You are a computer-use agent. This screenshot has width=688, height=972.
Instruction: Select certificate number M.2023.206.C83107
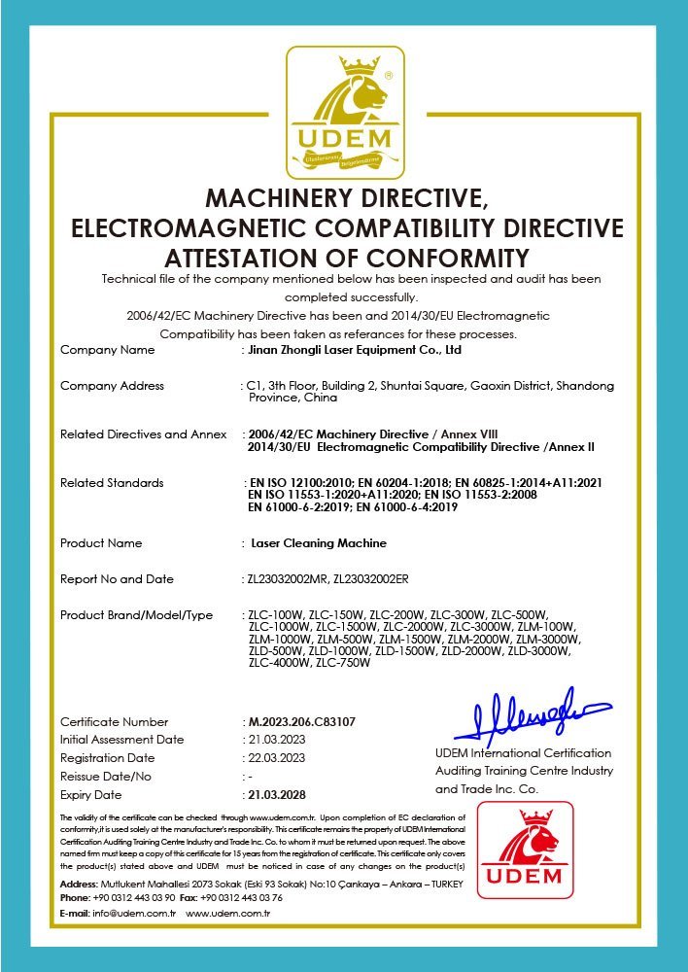pyautogui.click(x=301, y=722)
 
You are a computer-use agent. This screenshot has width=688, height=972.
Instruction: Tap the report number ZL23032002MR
pyautogui.click(x=288, y=579)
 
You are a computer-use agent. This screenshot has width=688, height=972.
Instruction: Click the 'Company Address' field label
pyautogui.click(x=112, y=386)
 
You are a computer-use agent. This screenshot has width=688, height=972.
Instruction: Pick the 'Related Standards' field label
pyautogui.click(x=112, y=483)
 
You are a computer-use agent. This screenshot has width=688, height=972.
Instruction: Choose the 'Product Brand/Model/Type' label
pyautogui.click(x=136, y=615)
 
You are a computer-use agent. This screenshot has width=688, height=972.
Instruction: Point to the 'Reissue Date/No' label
pyautogui.click(x=106, y=776)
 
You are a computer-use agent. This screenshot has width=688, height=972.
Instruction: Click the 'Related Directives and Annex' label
pyautogui.click(x=143, y=434)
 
